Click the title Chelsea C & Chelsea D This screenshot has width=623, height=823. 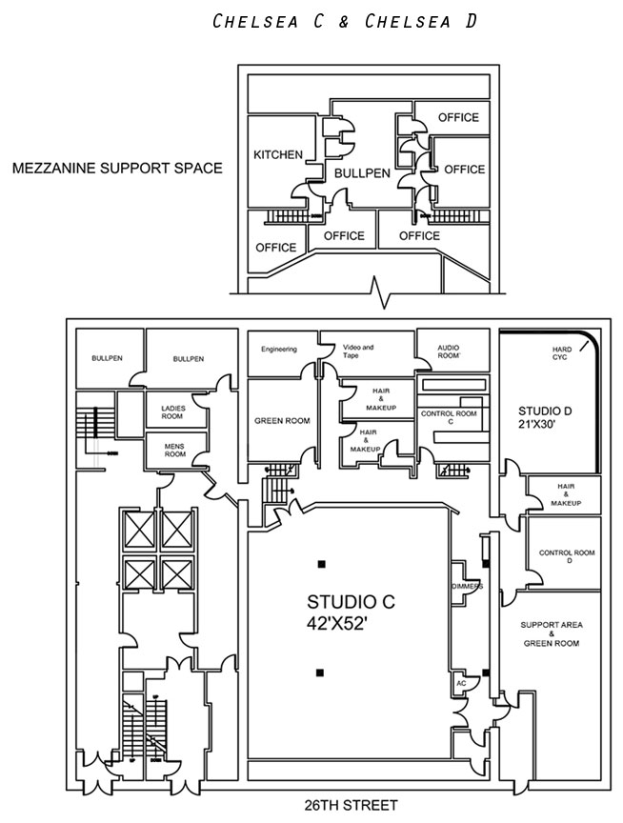pyautogui.click(x=346, y=22)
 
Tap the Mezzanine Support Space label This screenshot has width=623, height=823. pyautogui.click(x=117, y=169)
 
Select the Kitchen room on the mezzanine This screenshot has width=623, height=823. pyautogui.click(x=278, y=154)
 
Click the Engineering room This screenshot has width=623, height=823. pyautogui.click(x=279, y=350)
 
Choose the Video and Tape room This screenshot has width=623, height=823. pyautogui.click(x=357, y=350)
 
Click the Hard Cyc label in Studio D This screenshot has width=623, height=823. pyautogui.click(x=562, y=354)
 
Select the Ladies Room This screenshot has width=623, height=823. pyautogui.click(x=171, y=411)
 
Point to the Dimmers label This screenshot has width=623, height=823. pyautogui.click(x=466, y=586)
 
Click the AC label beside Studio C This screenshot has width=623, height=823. pyautogui.click(x=460, y=683)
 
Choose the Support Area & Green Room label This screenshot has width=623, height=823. pyautogui.click(x=551, y=633)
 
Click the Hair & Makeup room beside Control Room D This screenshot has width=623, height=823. pyautogui.click(x=565, y=493)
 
